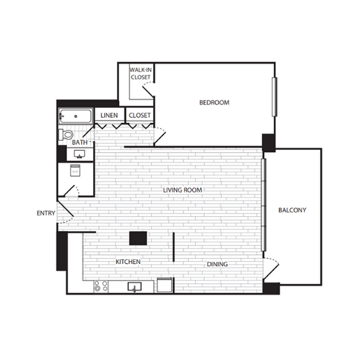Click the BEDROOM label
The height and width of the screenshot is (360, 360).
(x=214, y=102)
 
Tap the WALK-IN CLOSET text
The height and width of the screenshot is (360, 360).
(x=141, y=73)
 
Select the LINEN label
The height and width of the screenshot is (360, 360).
(x=109, y=115)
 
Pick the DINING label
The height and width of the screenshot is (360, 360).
(x=217, y=264)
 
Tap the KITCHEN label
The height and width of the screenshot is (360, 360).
(x=128, y=262)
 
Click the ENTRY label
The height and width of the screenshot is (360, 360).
(x=46, y=213)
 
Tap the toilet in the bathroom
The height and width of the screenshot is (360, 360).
(x=66, y=135)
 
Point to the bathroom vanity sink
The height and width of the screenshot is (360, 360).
(x=78, y=154)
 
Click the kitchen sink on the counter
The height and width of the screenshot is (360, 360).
(x=136, y=286)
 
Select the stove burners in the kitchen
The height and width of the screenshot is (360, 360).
(x=100, y=286)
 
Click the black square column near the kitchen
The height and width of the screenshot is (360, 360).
(x=137, y=239)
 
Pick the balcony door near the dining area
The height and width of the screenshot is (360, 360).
(x=271, y=268)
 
